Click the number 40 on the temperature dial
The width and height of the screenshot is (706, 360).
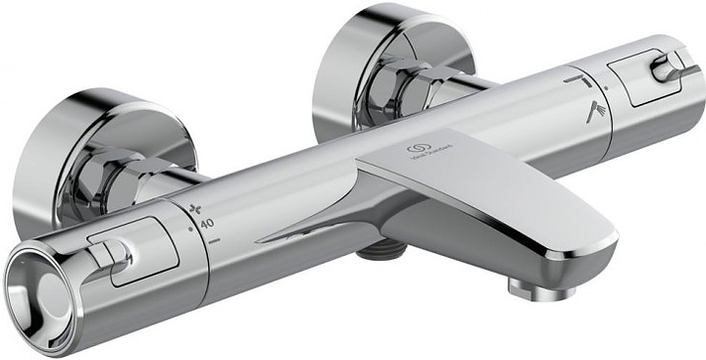pos(208,224)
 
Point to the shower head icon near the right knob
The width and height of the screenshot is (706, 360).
pos(594,112)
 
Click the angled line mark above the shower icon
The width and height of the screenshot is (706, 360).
pos(576,79)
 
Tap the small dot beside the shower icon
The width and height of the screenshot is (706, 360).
pos(605,89)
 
